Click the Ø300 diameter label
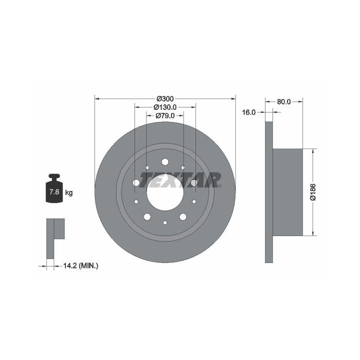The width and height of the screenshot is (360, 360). (x=165, y=99)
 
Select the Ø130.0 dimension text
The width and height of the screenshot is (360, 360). (x=165, y=107)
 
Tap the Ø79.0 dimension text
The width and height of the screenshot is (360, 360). (x=165, y=115)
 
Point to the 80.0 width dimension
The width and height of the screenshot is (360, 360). (x=284, y=101)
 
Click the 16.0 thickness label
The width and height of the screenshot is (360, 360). (x=249, y=112)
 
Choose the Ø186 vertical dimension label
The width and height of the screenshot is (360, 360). (x=313, y=192)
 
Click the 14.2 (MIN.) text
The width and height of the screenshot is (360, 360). (x=80, y=266)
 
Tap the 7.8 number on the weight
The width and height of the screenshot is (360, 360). (x=54, y=191)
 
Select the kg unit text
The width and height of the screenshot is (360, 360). (x=69, y=192)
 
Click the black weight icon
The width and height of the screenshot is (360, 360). (x=54, y=188)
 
